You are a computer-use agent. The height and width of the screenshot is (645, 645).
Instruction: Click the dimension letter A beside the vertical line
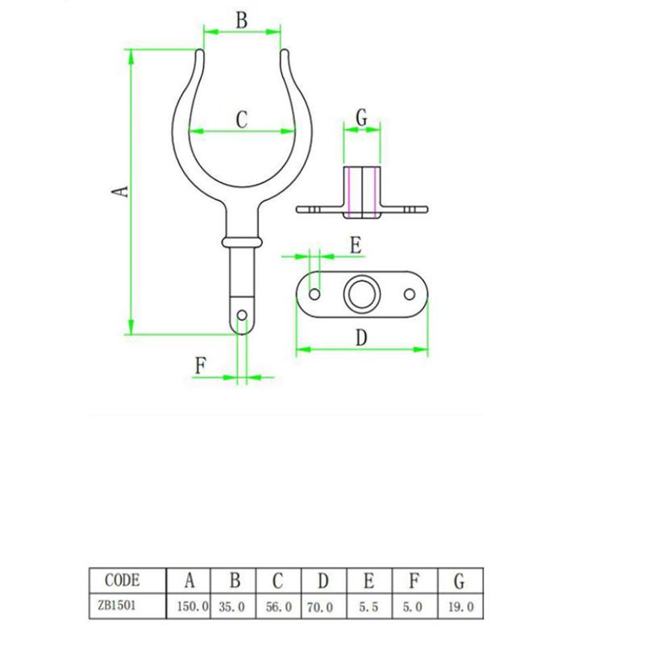coord(119,191)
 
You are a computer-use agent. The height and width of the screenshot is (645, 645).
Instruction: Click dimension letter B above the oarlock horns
coord(241,21)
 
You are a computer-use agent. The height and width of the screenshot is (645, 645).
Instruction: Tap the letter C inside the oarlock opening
coord(241,119)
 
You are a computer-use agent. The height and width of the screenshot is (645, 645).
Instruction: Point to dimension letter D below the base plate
coord(361,339)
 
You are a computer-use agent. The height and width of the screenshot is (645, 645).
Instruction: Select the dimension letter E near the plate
coord(356,246)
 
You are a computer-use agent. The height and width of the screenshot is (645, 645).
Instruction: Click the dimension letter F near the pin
coord(202,366)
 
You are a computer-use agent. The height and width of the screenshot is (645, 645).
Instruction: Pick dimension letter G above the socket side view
coord(361,118)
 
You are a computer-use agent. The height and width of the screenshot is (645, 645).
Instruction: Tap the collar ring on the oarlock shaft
coord(241,242)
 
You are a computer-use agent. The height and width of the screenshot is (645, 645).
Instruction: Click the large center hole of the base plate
coord(361,296)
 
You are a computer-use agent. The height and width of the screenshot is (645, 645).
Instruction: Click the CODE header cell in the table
coord(123,580)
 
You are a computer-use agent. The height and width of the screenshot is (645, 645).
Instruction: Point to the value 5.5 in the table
coord(368,605)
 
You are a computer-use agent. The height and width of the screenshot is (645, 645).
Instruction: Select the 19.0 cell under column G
coord(458,605)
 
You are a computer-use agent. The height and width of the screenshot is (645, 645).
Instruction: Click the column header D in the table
coord(324,580)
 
